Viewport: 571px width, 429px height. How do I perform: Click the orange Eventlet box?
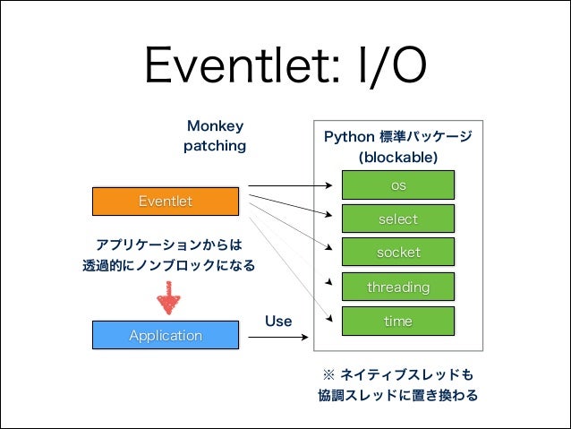point(166,202)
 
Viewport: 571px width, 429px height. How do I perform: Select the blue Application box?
point(166,335)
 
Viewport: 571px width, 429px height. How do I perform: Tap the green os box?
point(398,184)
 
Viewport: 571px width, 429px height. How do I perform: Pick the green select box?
point(398,219)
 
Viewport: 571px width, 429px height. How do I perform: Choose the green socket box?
point(398,253)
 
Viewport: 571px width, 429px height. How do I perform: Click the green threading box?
point(398,287)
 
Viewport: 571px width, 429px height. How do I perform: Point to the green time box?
point(398,321)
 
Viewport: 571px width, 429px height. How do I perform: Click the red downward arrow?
point(166,298)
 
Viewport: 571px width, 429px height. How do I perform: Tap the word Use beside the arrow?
point(278,321)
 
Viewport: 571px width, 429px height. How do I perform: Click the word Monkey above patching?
point(214,126)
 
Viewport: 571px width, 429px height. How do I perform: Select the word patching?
point(214,145)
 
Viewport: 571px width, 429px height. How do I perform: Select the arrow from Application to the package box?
point(277,336)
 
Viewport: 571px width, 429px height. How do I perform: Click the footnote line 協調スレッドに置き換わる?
point(397,395)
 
